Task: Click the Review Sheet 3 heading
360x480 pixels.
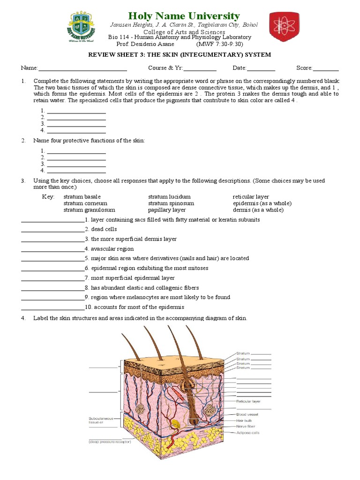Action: click(x=180, y=54)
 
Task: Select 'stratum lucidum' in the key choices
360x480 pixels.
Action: click(x=169, y=197)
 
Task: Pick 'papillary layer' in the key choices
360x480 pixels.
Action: click(x=167, y=210)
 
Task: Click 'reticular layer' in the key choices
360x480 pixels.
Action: click(x=251, y=197)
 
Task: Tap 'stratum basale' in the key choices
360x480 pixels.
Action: click(x=82, y=197)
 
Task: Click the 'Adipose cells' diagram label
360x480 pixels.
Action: click(x=248, y=433)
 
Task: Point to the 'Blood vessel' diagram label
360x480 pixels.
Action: click(x=247, y=414)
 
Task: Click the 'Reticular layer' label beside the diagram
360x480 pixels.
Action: click(x=248, y=401)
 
